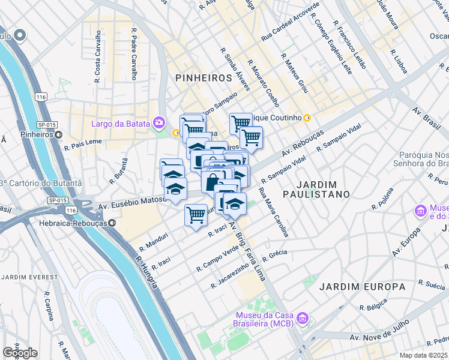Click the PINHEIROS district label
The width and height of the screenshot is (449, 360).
pyautogui.click(x=203, y=78)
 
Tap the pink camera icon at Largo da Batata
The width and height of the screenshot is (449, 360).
pyautogui.click(x=159, y=124)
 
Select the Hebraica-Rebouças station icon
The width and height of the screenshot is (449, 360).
pyautogui.click(x=113, y=223)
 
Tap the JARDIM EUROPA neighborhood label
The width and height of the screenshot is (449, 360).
pyautogui.click(x=362, y=287)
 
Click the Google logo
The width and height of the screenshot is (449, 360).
pyautogui.click(x=20, y=353)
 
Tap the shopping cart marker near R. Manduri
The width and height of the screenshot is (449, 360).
pyautogui.click(x=196, y=214)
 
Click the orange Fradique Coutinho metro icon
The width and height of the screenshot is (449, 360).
pyautogui.click(x=307, y=118)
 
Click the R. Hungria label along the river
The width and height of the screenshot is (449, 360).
pyautogui.click(x=146, y=273)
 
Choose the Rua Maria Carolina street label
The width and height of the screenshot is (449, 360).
pyautogui.click(x=274, y=212)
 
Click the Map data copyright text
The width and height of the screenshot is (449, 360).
pyautogui.click(x=426, y=355)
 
